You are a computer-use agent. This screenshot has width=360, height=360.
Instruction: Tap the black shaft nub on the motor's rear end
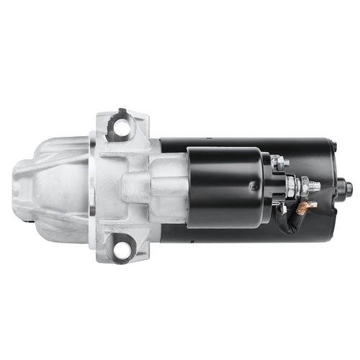click(349, 189)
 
